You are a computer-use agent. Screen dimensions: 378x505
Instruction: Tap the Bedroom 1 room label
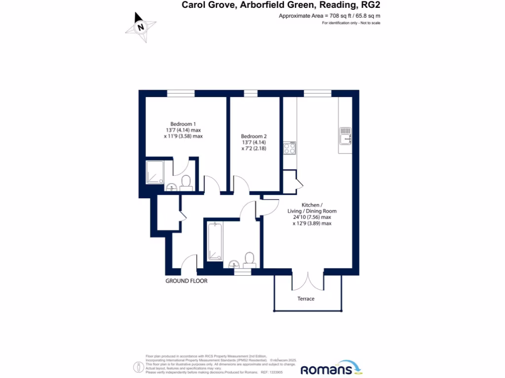(x=183, y=124)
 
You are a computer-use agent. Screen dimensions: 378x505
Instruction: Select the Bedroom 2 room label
(x=253, y=136)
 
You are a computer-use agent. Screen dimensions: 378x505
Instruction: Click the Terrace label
(x=306, y=299)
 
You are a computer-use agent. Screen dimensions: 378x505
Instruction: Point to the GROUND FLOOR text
(x=186, y=281)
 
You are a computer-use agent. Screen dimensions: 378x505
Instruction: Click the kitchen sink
(x=345, y=136)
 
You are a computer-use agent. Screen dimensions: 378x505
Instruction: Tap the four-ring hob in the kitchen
(x=289, y=148)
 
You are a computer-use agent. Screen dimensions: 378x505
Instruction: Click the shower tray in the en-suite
(x=155, y=173)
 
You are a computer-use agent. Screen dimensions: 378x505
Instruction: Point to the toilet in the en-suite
(x=186, y=183)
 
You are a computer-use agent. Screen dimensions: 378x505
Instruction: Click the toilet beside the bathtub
(x=250, y=259)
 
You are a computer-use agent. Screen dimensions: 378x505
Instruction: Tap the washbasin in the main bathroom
(x=234, y=264)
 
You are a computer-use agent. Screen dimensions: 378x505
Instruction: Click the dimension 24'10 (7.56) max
(x=312, y=217)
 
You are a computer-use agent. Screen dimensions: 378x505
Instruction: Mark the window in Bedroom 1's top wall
(x=180, y=94)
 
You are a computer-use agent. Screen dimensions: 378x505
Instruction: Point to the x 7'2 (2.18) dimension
(x=253, y=148)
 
